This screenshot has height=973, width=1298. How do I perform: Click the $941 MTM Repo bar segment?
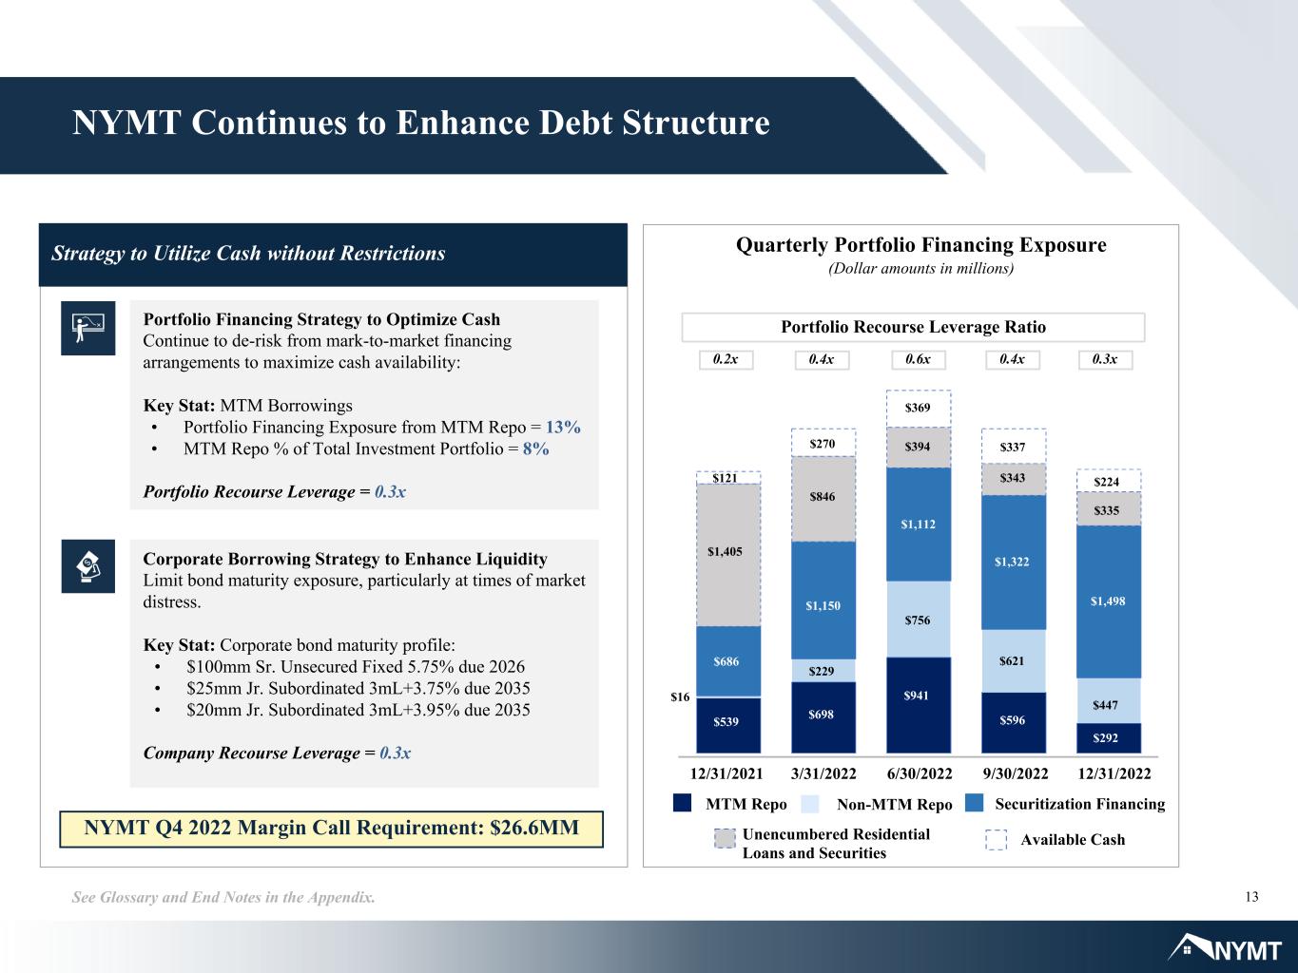919,705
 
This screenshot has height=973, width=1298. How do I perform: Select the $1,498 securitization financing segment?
1108,601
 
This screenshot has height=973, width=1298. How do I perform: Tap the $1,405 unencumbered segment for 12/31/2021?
728,555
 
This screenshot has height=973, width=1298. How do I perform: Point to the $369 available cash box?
919,409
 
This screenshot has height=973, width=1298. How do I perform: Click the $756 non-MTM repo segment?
919,620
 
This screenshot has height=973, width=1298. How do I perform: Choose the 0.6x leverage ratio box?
918,359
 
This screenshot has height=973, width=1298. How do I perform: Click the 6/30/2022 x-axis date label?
919,773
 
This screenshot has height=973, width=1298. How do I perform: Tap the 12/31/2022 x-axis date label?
1114,773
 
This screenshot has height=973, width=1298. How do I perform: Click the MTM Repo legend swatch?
682,803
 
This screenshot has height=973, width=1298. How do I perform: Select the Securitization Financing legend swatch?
974,803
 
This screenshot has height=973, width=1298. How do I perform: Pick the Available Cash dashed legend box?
996,839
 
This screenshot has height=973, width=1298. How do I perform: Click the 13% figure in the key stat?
563,427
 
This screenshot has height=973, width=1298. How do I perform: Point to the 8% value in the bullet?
535,448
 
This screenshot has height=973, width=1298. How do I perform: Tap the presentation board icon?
88,328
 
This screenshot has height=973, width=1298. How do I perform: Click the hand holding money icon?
88,566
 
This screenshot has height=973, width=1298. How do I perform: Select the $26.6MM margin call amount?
534,828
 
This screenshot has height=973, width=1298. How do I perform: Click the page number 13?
1251,897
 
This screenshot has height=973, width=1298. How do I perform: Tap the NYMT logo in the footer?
1225,947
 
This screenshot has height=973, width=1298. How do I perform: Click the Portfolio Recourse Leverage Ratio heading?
913,327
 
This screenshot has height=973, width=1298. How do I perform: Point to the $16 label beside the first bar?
680,697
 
